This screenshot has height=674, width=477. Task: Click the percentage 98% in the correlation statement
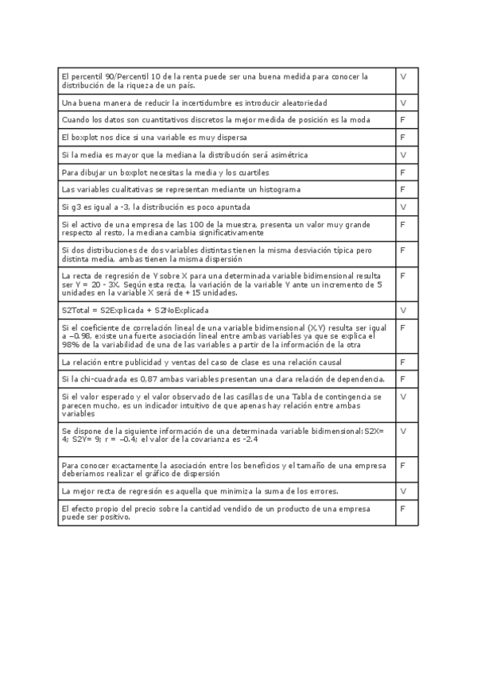[69, 345]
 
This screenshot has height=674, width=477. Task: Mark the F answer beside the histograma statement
[403, 190]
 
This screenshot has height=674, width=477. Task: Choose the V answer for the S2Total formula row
[403, 310]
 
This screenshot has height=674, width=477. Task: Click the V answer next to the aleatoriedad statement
[403, 103]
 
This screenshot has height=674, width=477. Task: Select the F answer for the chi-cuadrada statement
[403, 379]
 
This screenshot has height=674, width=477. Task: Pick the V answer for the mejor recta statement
[403, 491]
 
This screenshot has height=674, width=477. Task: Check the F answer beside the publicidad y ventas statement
[403, 362]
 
